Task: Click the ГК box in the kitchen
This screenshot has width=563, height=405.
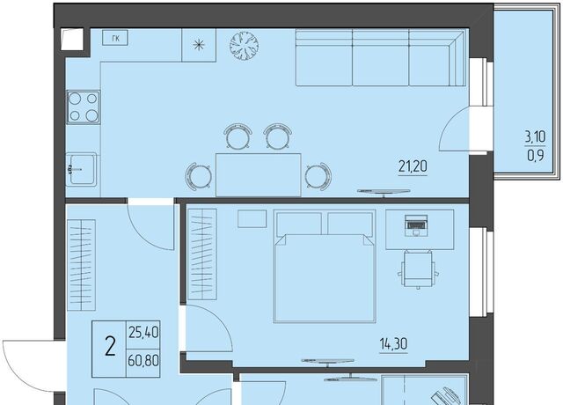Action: coord(115,38)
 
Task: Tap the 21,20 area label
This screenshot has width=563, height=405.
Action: coord(413,166)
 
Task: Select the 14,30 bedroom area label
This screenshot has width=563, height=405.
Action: coord(393,344)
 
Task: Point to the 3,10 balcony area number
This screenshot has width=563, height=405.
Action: coord(535,136)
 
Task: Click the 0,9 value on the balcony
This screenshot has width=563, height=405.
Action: coord(536,156)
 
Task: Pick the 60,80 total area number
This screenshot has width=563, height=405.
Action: coord(143,360)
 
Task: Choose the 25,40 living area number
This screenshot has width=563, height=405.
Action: coord(143,333)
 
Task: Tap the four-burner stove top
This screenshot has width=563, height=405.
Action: coord(83,107)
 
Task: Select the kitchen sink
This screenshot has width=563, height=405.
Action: coord(82,169)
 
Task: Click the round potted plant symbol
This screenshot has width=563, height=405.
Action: coord(245,45)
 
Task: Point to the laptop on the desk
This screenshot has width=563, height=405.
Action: coord(416,225)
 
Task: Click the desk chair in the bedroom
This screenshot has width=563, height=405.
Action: coord(418,269)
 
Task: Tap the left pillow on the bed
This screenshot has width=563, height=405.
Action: coord(299,224)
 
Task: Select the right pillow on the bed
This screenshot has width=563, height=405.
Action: coord(350,224)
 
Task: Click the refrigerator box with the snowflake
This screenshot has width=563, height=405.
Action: coord(199,45)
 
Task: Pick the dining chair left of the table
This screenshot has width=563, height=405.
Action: coord(198,176)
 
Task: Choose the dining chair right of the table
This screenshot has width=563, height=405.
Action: coord(318,176)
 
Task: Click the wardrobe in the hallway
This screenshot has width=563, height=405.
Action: coord(82,265)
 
